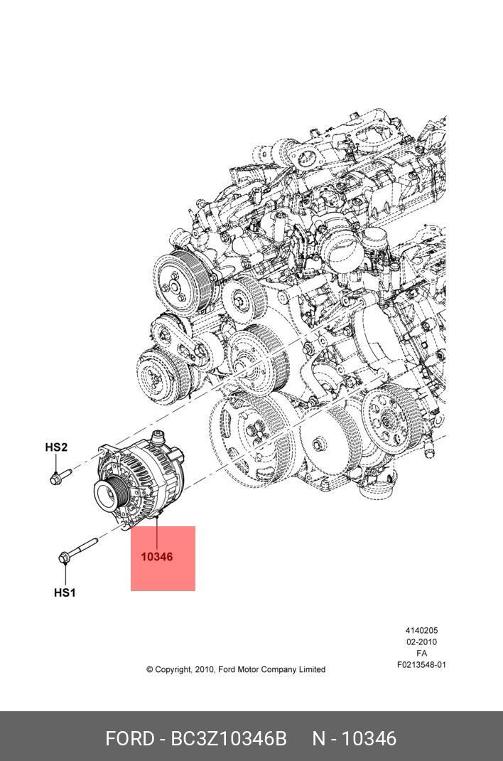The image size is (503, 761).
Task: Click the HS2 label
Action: tap(56, 447)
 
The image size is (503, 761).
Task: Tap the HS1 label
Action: tap(65, 592)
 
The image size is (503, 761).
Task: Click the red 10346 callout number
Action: tap(156, 557)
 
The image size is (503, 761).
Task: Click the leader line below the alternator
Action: tap(156, 533)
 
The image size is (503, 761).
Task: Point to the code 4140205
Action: tap(421, 630)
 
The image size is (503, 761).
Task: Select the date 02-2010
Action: tap(421, 642)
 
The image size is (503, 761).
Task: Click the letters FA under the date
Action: tap(421, 654)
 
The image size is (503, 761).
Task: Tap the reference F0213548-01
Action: tap(421, 665)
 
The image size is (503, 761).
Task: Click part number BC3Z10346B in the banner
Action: tap(228, 738)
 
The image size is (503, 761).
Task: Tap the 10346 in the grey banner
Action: tap(369, 738)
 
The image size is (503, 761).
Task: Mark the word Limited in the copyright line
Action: tap(312, 669)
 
